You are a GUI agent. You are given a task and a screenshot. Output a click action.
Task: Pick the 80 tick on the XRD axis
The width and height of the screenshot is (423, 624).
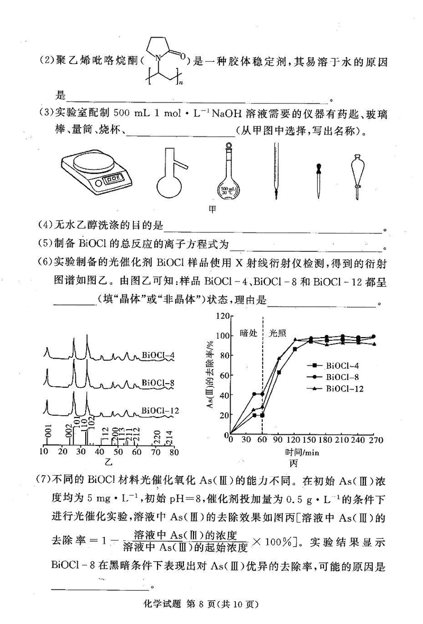click(173, 452)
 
